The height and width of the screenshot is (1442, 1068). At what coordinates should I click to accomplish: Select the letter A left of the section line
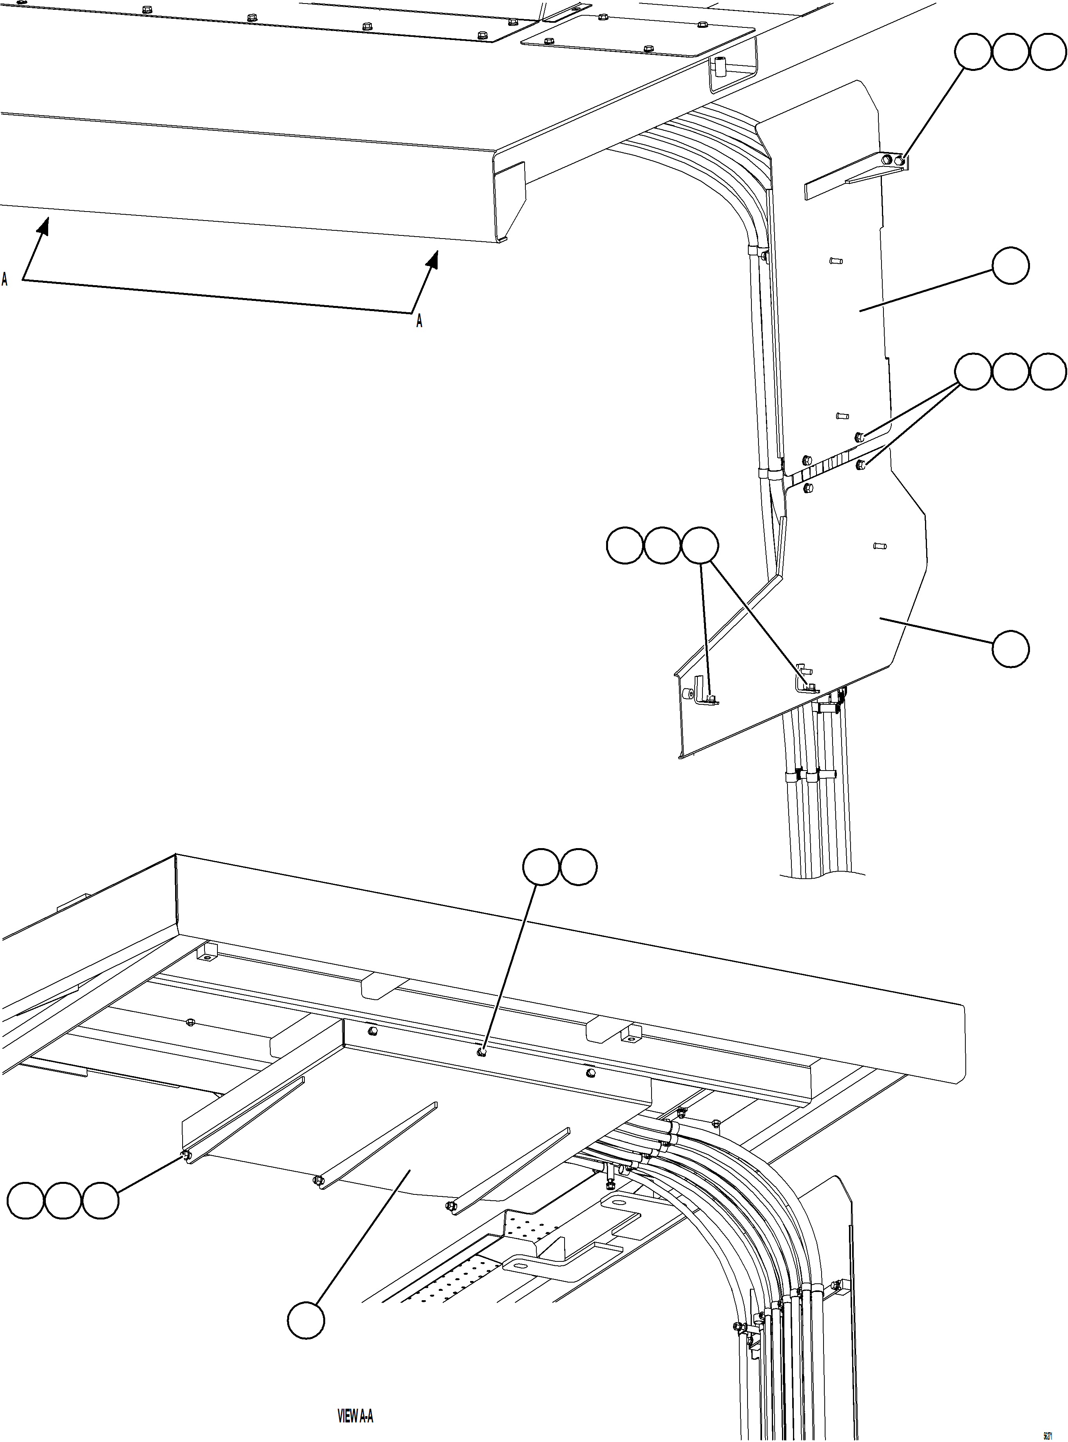(5, 279)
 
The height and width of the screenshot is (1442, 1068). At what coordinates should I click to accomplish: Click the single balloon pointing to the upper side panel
(1010, 266)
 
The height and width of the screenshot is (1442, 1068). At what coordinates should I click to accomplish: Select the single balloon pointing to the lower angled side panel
(1010, 649)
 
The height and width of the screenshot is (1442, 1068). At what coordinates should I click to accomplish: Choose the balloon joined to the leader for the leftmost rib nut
(100, 1201)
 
